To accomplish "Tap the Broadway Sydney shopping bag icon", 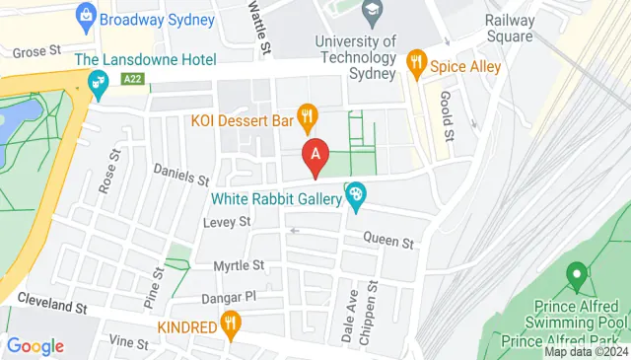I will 85,16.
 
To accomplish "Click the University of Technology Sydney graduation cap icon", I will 372,14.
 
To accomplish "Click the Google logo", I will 35,345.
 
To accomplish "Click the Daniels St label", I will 182,176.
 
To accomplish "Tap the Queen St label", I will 386,239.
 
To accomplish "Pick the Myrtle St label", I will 240,265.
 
